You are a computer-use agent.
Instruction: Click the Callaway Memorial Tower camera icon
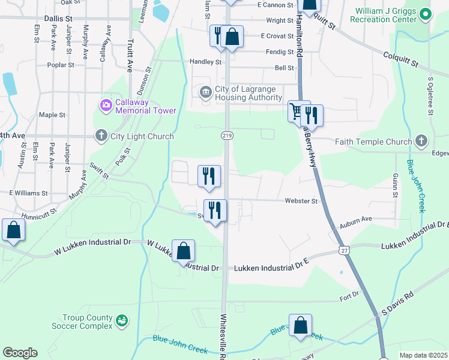(106, 106)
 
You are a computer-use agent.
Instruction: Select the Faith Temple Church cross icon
(421, 142)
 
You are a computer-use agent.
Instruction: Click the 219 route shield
(228, 136)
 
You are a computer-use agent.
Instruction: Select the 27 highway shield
(342, 248)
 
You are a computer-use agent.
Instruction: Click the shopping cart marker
(295, 112)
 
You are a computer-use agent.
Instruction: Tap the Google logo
(20, 353)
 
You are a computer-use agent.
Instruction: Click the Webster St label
(301, 201)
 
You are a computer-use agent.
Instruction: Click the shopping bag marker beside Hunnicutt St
(13, 230)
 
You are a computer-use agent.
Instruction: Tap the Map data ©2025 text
(423, 355)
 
